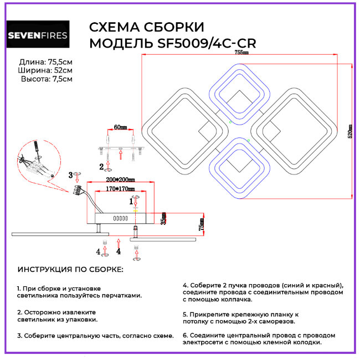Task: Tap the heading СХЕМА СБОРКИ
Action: (x=147, y=28)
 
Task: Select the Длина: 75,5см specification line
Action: (x=45, y=61)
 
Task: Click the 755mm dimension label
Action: (x=241, y=53)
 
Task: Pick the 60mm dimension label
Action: (x=120, y=127)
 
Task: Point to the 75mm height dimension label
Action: (x=202, y=224)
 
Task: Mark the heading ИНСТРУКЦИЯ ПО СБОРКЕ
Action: (x=71, y=269)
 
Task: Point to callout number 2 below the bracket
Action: (x=101, y=166)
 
